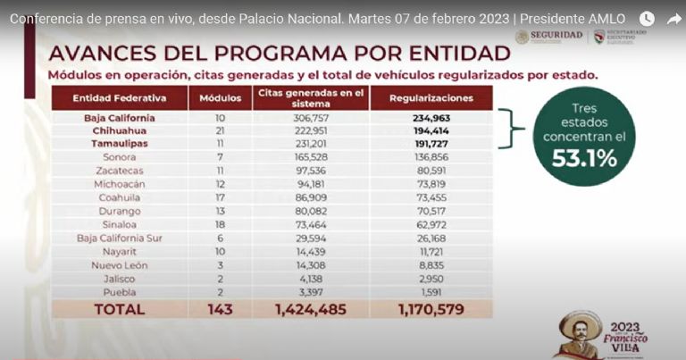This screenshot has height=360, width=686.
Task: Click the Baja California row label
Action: (x=120, y=117)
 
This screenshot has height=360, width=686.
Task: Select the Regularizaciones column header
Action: (x=431, y=96)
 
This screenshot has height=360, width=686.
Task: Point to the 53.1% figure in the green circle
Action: (x=588, y=157)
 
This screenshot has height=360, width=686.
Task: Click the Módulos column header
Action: (x=220, y=96)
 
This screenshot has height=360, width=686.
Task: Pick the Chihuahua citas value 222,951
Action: (x=311, y=130)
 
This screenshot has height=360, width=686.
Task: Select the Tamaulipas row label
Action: (x=120, y=143)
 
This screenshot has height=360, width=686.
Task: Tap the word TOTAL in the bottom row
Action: (x=121, y=309)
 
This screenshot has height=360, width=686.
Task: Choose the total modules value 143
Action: (x=220, y=309)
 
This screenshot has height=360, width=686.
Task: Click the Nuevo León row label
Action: (x=120, y=265)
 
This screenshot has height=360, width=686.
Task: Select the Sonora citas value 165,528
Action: (x=311, y=155)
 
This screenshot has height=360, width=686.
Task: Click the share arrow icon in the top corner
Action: (x=673, y=19)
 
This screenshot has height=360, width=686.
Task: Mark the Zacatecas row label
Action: (x=120, y=169)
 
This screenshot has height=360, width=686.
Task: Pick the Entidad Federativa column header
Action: (x=120, y=96)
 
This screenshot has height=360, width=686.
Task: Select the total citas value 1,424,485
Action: (x=311, y=309)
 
